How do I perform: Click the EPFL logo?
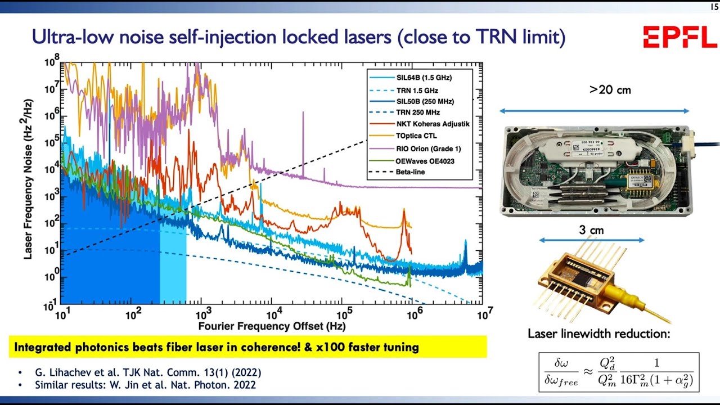[679, 38]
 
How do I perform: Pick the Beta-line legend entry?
[410, 171]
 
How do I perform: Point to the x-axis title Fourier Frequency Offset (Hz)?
[272, 326]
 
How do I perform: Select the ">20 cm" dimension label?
[610, 89]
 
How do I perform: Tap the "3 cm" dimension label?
[591, 229]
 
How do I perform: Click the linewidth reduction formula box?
[618, 371]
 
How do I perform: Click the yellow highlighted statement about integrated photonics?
[247, 347]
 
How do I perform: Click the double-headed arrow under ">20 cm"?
[595, 111]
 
